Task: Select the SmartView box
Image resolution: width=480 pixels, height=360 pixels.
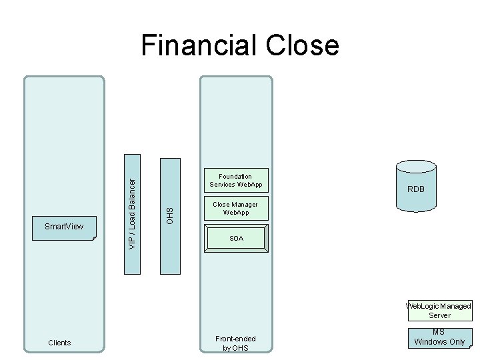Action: pos(65,227)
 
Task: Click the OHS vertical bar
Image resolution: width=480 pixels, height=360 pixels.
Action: pos(169,215)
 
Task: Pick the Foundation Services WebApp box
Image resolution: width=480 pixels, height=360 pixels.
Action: pos(235,180)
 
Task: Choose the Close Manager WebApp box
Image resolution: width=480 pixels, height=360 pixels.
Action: pos(235,208)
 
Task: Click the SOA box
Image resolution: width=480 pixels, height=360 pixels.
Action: pos(236,239)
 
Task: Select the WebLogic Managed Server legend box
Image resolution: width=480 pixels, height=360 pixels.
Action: pos(440,311)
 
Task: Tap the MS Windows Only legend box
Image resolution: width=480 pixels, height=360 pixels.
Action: pos(439,337)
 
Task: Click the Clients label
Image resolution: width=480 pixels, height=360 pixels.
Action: pos(59,343)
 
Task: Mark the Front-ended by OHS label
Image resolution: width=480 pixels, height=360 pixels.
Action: pos(235,343)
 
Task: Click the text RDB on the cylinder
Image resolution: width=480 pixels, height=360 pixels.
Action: pos(416,190)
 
